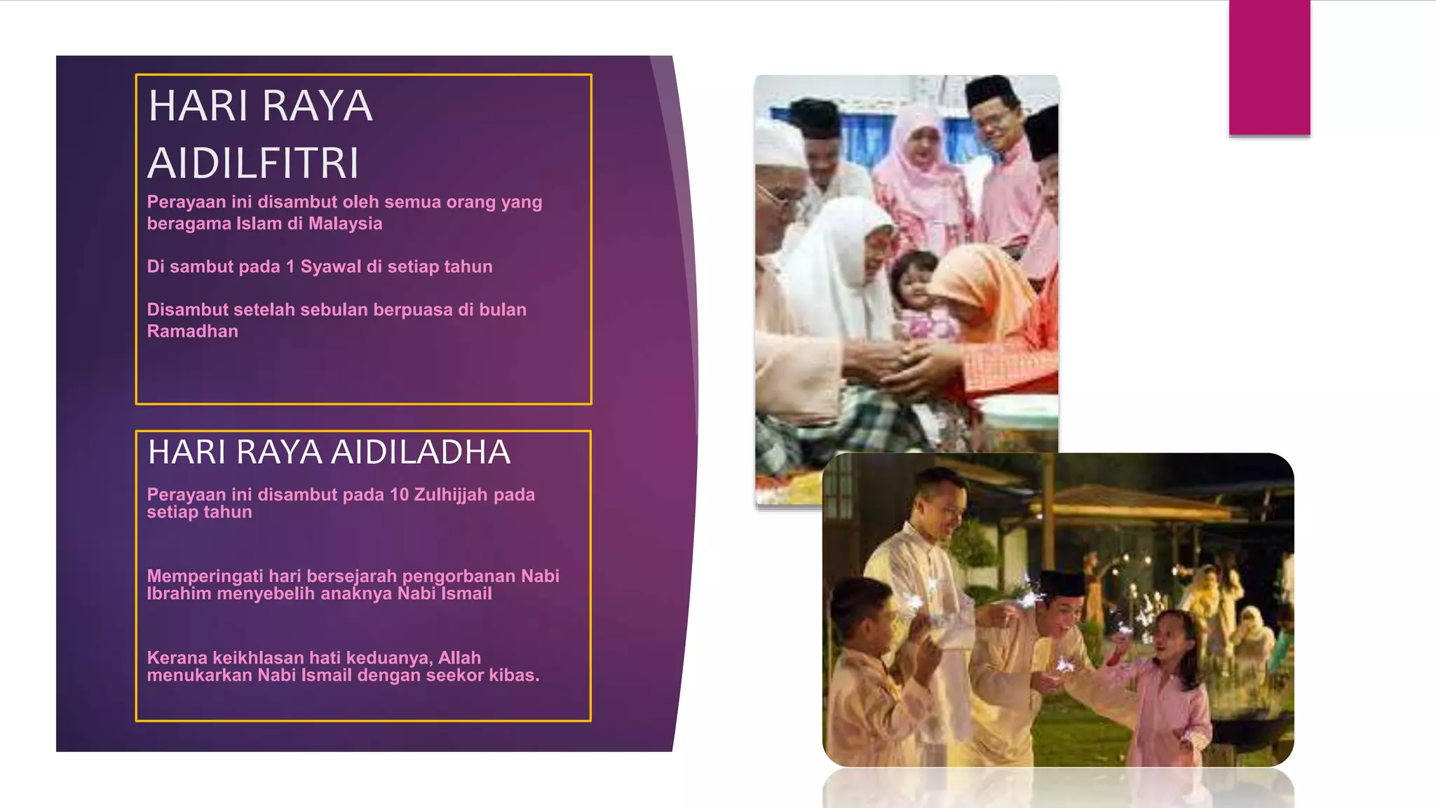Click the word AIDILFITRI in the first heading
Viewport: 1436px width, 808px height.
[253, 163]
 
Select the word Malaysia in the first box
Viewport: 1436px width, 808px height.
[345, 224]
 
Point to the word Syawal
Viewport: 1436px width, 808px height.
[330, 267]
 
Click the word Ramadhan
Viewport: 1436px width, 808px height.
[193, 331]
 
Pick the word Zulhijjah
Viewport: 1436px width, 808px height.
[450, 494]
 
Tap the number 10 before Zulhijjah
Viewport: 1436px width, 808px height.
[399, 494]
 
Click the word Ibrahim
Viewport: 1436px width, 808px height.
[179, 594]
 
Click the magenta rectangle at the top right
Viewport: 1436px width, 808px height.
[1269, 67]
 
